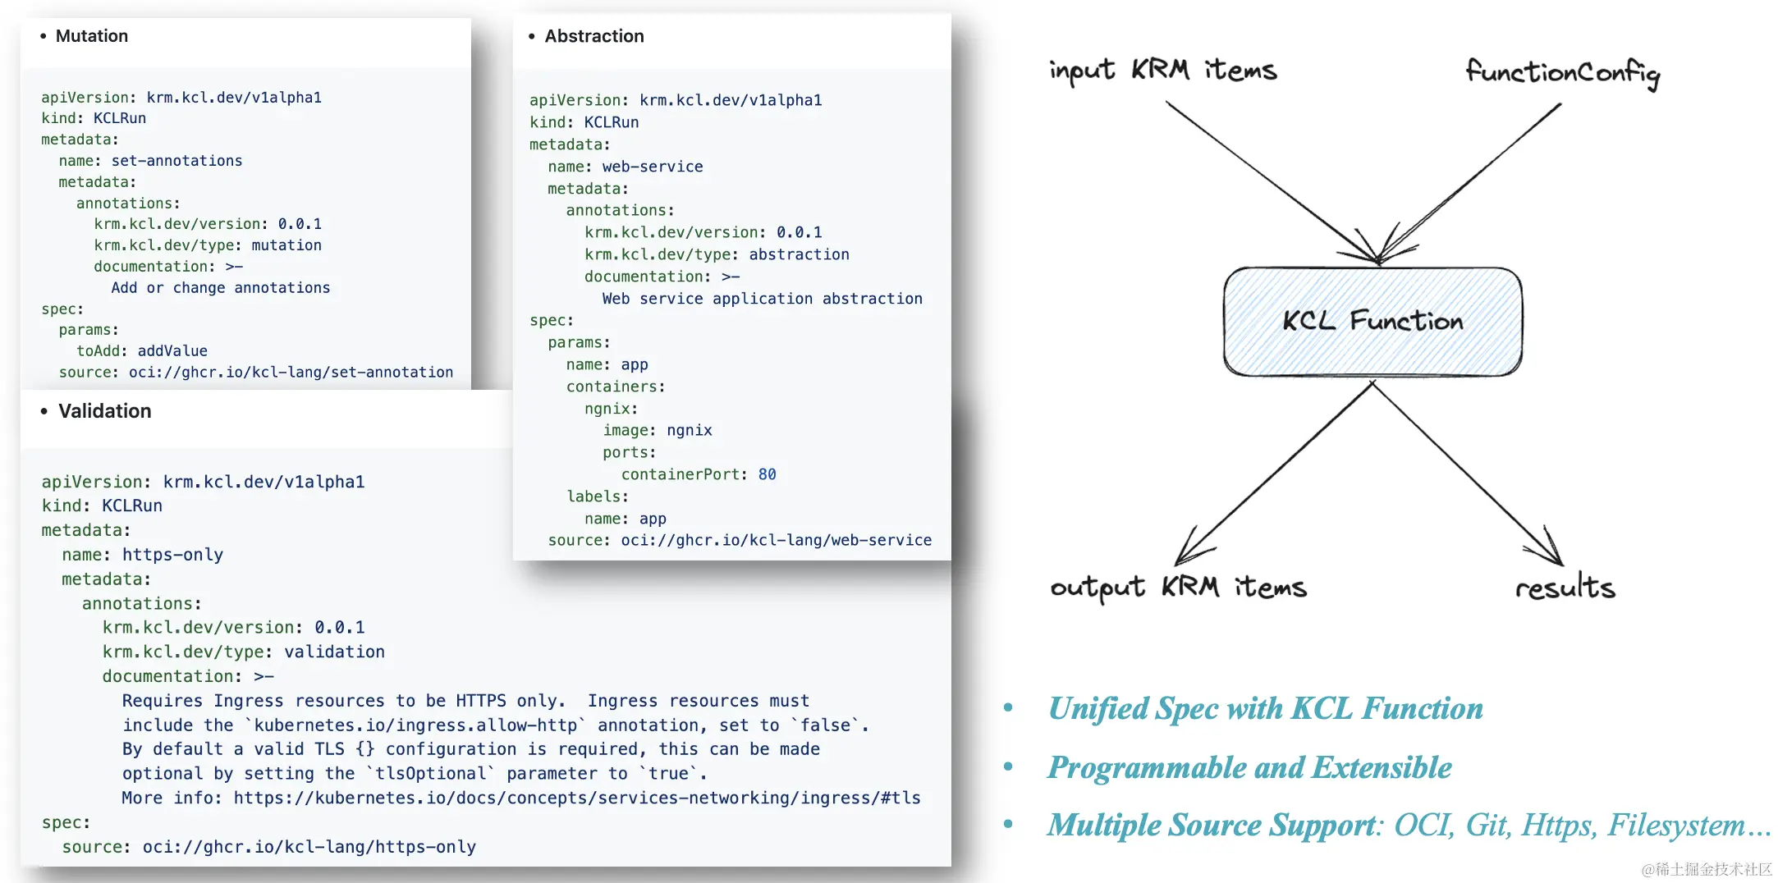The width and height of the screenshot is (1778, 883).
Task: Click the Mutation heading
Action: click(91, 36)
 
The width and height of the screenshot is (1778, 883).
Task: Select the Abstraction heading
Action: click(593, 36)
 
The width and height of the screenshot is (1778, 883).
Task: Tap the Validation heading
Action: click(104, 411)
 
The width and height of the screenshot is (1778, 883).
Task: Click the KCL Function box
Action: click(1372, 321)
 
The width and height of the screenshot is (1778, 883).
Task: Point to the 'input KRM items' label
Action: click(1162, 71)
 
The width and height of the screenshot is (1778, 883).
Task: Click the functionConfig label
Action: click(1562, 72)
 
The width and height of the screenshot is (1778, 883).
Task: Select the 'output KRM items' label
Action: click(1178, 588)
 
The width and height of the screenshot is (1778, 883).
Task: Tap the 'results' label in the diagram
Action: click(1565, 588)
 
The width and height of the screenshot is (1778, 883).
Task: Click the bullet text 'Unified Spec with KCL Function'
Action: click(1265, 709)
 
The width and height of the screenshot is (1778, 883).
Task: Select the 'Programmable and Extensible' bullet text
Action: click(1249, 768)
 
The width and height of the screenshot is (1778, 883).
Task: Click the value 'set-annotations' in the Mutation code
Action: click(176, 161)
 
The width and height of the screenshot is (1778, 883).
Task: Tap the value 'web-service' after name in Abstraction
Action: click(663, 167)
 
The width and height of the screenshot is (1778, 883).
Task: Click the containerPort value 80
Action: click(767, 474)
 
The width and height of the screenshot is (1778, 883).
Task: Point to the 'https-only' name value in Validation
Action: click(172, 555)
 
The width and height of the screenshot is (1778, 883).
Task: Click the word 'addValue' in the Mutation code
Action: click(172, 351)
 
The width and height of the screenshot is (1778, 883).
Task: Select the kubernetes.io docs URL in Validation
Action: click(576, 798)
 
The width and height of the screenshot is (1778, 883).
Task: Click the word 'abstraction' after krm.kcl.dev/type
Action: click(799, 254)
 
